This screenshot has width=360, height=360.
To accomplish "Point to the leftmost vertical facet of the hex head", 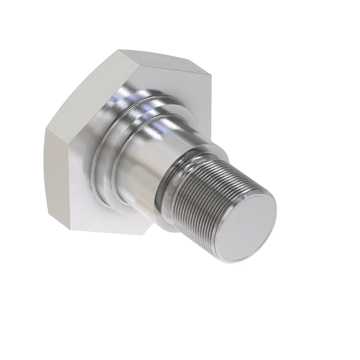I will click(x=57, y=180).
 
